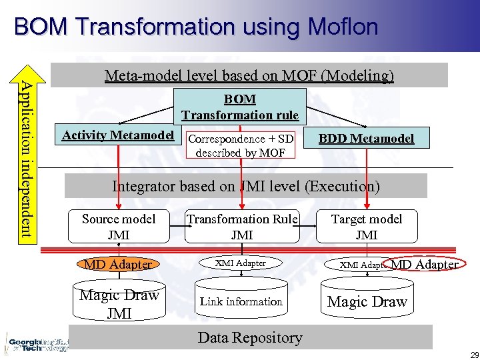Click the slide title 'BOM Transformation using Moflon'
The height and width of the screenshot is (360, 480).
(196, 27)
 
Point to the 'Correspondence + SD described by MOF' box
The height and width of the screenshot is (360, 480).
(241, 145)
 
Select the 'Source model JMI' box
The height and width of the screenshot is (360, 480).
(119, 227)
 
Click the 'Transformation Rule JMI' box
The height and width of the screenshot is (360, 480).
(242, 227)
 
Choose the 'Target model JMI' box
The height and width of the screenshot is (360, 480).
(367, 227)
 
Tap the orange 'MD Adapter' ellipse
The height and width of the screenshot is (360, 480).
(118, 264)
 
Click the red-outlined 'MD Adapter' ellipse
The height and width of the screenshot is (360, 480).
(424, 264)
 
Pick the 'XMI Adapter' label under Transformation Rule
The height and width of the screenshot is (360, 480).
(241, 263)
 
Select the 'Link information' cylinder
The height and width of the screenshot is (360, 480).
(241, 301)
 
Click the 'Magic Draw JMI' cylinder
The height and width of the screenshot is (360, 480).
(119, 303)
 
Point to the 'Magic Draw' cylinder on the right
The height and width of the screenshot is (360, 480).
(367, 301)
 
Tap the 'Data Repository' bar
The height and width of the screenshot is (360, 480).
(250, 337)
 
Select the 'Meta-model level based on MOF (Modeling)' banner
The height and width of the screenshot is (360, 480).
(249, 75)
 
